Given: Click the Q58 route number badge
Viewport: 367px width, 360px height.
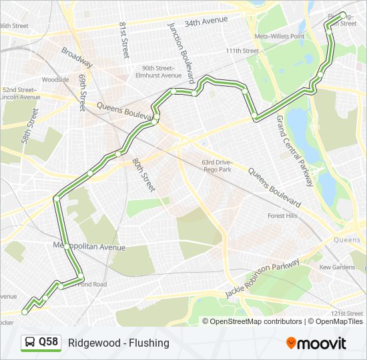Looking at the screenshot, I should (48, 343).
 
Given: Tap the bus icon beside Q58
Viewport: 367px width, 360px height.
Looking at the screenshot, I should (30, 343).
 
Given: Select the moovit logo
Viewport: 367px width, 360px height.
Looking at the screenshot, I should (316, 343).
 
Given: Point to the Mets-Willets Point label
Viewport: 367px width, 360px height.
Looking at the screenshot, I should (280, 36).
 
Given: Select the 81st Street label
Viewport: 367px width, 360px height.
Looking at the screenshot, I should (123, 39).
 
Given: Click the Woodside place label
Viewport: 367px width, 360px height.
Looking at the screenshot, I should (55, 79).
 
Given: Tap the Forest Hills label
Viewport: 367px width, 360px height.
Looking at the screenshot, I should (282, 215).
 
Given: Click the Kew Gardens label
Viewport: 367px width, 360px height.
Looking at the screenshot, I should (337, 267).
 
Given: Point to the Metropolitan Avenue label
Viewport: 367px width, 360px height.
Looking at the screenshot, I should (89, 247).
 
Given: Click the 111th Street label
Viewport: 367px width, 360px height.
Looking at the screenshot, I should (242, 51).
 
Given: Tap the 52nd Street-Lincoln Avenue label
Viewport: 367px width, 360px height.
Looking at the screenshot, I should (21, 93).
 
